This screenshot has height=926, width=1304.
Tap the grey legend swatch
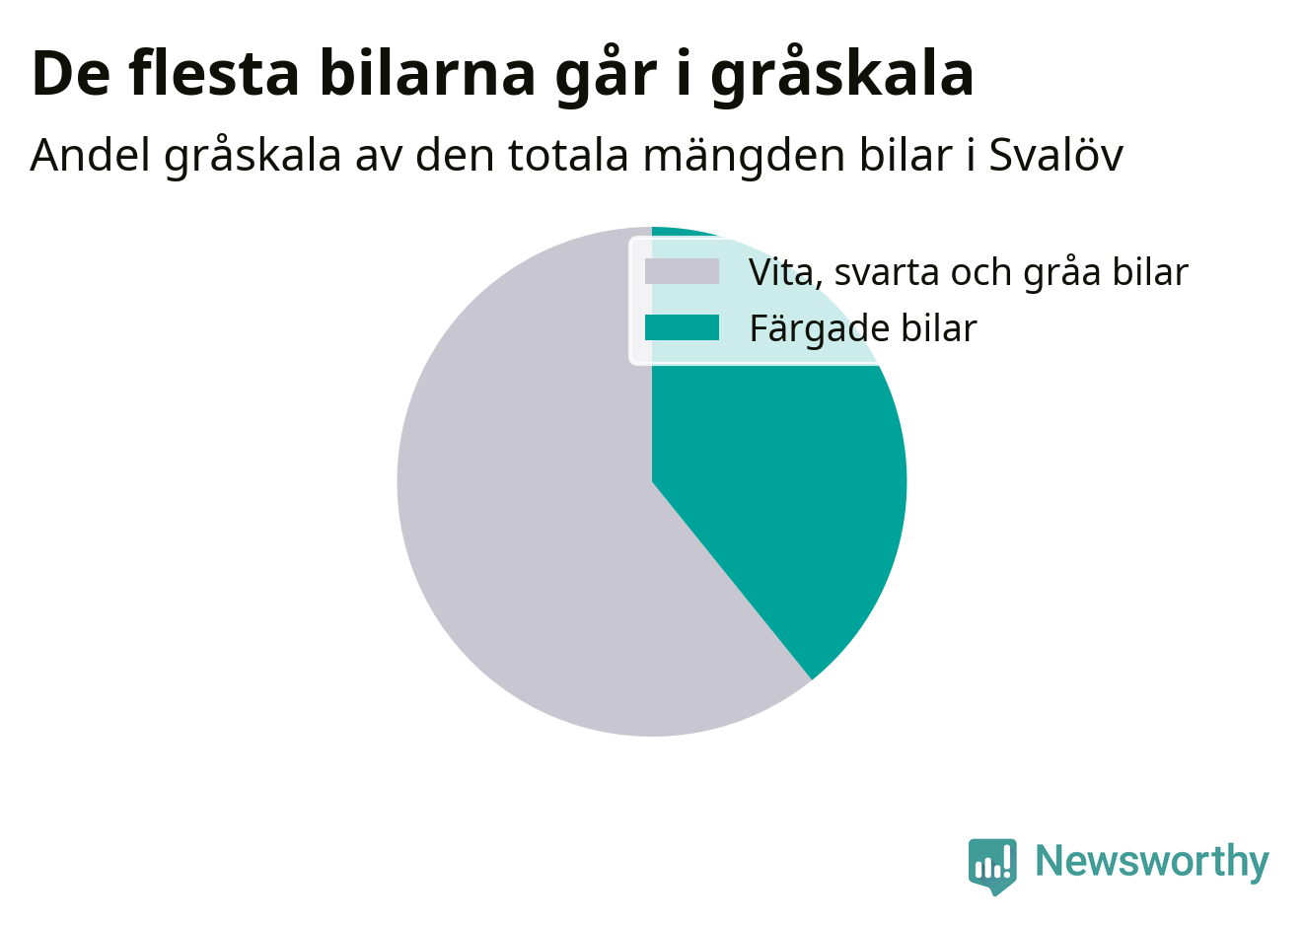682,271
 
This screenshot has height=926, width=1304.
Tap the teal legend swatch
682,327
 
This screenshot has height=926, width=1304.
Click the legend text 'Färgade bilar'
863,328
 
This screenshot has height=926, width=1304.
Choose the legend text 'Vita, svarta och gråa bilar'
968,272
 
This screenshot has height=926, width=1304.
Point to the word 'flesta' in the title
214,73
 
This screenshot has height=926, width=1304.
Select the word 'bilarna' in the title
427,73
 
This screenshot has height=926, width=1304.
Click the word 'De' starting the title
71,74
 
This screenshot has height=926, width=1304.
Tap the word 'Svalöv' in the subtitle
1056,155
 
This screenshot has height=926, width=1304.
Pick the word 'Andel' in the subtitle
90,155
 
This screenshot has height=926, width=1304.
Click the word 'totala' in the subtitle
568,155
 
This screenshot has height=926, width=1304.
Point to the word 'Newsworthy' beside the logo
1152,861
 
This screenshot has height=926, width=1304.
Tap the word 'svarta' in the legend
887,273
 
